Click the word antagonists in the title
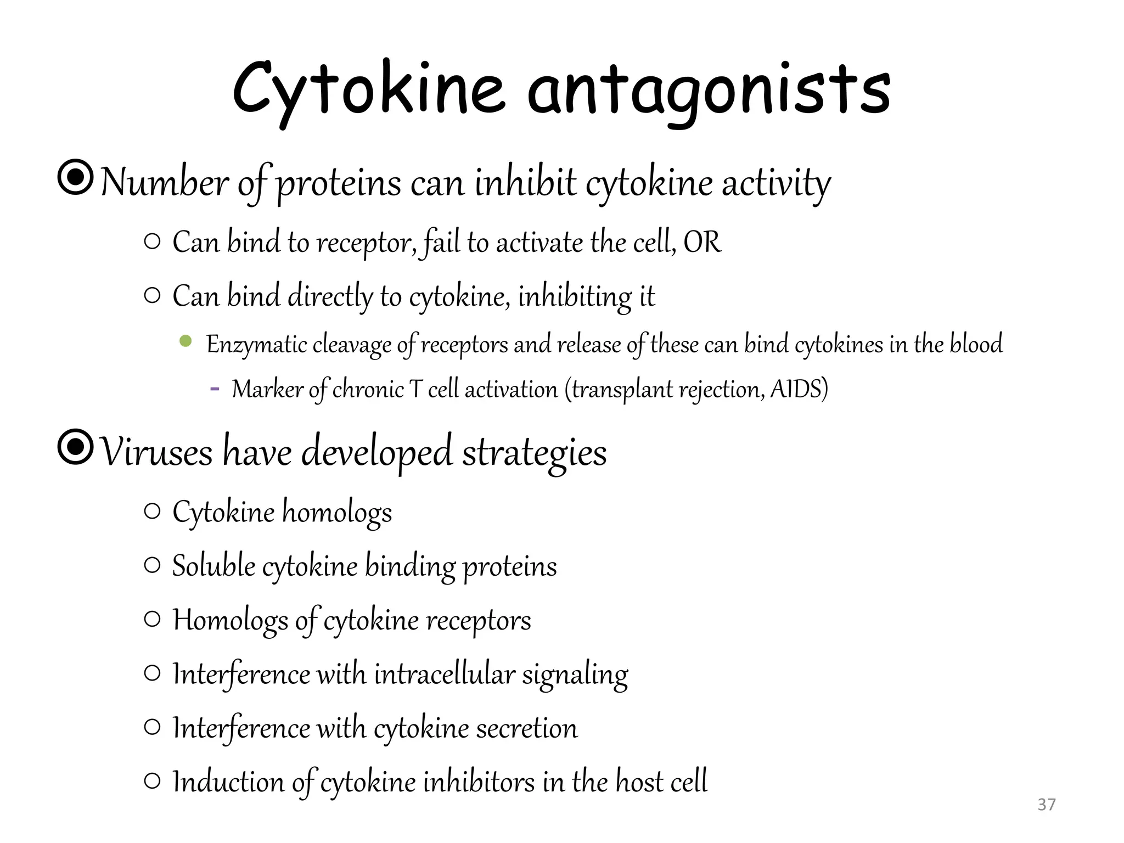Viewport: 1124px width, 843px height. click(x=709, y=91)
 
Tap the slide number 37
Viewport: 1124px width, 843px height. click(x=1047, y=805)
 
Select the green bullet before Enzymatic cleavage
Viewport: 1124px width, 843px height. click(x=186, y=341)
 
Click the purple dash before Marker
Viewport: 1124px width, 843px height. click(x=215, y=389)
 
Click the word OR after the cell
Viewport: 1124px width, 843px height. click(x=702, y=242)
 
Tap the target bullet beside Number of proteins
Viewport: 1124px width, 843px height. click(x=75, y=177)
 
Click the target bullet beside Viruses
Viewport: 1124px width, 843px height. click(x=75, y=447)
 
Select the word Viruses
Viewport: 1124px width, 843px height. click(x=157, y=453)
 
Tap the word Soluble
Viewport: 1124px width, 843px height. click(x=213, y=566)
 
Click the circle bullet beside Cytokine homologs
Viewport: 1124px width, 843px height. click(x=152, y=512)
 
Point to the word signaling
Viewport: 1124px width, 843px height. click(x=575, y=675)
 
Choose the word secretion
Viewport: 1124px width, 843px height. click(x=526, y=728)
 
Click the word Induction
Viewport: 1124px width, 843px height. click(x=228, y=782)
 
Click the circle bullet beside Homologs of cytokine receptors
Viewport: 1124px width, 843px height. click(x=152, y=620)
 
